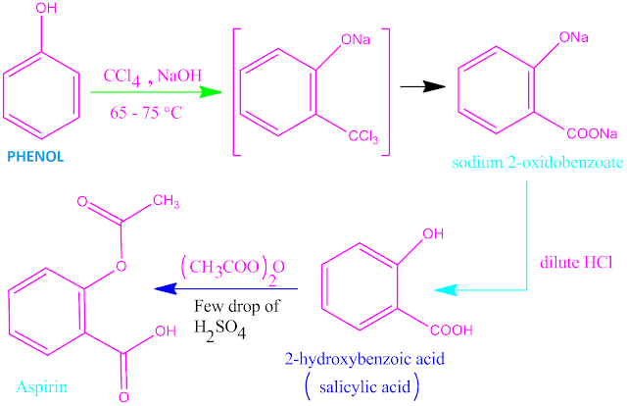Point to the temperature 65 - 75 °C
(143, 114)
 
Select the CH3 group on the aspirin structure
(167, 202)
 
